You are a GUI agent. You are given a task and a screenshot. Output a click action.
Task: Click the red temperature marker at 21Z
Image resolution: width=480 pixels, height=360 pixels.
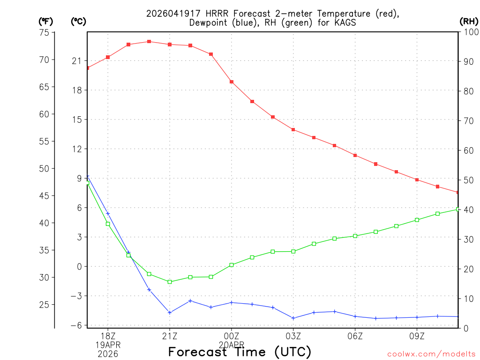(170, 45)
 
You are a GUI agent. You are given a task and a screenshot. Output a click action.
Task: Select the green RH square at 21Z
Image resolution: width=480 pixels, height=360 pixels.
(170, 282)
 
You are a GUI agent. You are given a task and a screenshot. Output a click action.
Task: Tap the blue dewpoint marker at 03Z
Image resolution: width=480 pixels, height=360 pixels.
(293, 318)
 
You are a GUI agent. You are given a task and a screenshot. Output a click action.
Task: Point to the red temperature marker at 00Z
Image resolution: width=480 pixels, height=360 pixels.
(232, 82)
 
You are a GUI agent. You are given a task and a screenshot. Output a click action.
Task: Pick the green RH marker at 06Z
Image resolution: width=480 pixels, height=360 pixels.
(355, 236)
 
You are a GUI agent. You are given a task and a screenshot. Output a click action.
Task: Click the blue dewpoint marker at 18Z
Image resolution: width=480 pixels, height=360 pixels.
(108, 214)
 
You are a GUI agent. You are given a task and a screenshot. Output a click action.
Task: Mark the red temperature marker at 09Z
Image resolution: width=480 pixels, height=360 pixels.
(417, 180)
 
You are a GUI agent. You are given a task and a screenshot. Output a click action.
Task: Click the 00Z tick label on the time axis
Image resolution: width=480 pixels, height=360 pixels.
(232, 336)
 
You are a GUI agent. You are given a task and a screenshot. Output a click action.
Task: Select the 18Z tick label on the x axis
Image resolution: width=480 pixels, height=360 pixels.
(108, 336)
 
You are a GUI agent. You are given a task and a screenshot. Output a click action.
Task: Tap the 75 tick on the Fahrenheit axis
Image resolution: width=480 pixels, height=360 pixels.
(45, 32)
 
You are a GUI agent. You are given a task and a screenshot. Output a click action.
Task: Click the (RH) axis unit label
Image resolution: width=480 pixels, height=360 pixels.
(469, 21)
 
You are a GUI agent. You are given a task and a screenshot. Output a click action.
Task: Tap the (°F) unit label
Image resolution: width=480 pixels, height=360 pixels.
(46, 21)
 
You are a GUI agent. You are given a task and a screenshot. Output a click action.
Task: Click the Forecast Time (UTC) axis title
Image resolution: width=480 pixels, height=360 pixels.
(240, 352)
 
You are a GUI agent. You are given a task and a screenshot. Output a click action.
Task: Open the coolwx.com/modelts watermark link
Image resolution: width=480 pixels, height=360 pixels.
(431, 354)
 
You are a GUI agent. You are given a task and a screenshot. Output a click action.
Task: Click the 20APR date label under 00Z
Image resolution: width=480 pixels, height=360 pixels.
(232, 345)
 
